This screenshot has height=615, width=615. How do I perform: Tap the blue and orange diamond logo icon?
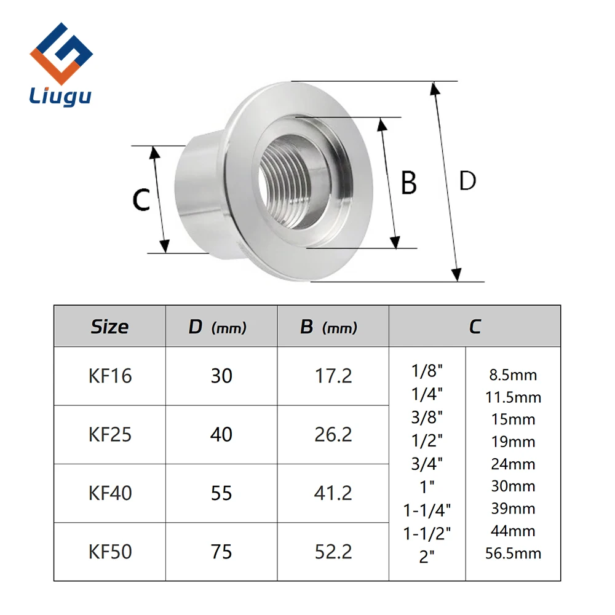pos(61,54)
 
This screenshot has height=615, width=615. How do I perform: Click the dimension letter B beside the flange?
pos(409,183)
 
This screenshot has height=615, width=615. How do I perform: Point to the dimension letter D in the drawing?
pos(467,181)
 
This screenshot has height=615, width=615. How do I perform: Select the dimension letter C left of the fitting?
pos(141,199)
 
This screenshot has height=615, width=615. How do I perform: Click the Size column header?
pos(110,327)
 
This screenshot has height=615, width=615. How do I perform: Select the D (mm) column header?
pos(217,327)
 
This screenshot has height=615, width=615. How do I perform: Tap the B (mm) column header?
pos(328,327)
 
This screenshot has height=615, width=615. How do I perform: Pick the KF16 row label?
pos(110,376)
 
